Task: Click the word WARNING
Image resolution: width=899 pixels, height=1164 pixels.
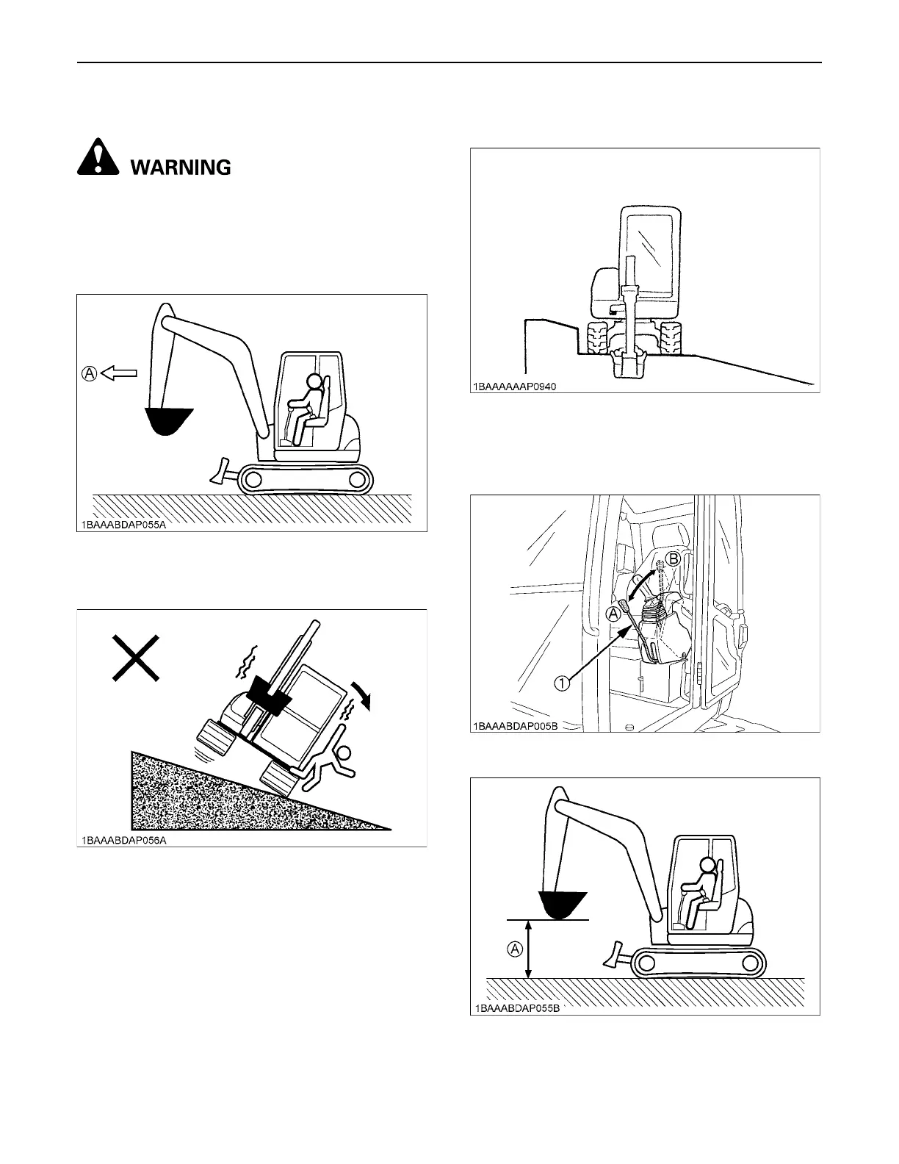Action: coord(181,168)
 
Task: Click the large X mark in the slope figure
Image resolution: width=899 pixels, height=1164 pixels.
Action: coord(135,658)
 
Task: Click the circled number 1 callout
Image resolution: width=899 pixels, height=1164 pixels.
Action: coord(562,683)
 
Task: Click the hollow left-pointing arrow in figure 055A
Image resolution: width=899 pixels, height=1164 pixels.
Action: coord(119,373)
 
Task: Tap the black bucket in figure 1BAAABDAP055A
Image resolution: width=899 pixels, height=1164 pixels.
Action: coord(168,420)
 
